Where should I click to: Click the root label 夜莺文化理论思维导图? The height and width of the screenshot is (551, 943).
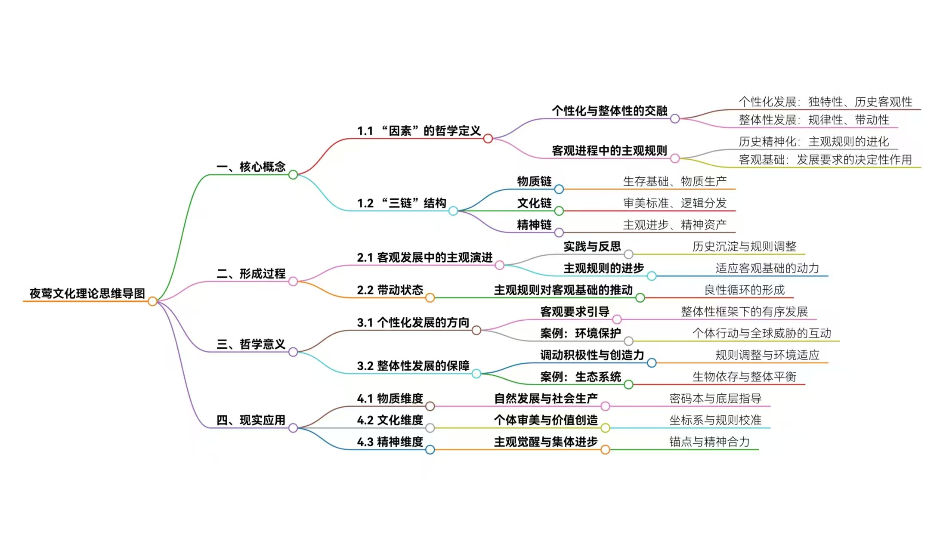click(x=87, y=294)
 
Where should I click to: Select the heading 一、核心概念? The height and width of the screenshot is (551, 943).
click(x=251, y=167)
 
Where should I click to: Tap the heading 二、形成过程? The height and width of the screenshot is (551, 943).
click(x=251, y=273)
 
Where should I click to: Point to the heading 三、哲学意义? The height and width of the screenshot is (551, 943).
click(x=251, y=344)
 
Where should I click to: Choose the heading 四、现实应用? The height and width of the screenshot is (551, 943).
click(x=251, y=420)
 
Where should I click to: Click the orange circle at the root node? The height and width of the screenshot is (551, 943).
click(x=152, y=301)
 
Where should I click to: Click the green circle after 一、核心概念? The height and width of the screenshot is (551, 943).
click(x=293, y=175)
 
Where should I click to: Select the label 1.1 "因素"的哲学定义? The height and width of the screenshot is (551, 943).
click(x=419, y=131)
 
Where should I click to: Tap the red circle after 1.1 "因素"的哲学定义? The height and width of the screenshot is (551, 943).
click(x=488, y=139)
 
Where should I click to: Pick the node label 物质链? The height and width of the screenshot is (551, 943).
click(x=534, y=181)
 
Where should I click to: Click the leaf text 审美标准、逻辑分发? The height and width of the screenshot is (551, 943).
click(x=674, y=203)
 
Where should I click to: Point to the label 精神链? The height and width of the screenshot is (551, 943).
click(x=534, y=225)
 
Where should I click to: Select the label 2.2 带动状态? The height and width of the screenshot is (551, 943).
click(x=390, y=290)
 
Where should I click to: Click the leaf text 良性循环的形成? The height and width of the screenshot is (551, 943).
click(x=744, y=290)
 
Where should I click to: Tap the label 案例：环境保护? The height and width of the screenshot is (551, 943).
click(x=581, y=333)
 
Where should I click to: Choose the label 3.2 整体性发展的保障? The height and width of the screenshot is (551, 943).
click(x=413, y=366)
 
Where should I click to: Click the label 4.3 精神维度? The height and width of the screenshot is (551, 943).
click(x=390, y=442)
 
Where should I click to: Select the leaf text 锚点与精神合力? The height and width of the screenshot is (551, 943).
click(x=709, y=442)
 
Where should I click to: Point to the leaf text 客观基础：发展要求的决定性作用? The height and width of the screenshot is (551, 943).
click(x=825, y=160)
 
